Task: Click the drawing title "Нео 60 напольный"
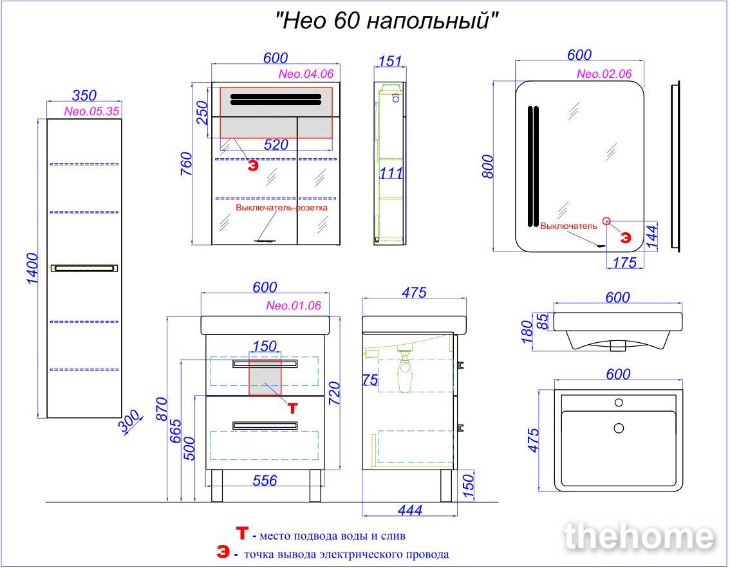pos(387,21)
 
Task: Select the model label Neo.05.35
pos(91,111)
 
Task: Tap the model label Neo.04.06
pos(306,73)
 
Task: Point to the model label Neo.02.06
pos(604,73)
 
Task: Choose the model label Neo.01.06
pos(294,306)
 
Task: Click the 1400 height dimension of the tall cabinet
pos(32,268)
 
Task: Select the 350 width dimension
pos(84,95)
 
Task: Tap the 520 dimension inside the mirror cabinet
pos(276,145)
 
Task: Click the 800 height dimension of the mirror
pos(487,167)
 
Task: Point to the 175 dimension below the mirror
pos(624,263)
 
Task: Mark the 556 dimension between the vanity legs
pos(265,481)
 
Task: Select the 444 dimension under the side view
pos(409,510)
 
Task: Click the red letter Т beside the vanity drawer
pos(292,408)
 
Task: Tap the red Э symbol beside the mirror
pos(625,237)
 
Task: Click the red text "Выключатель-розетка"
pos(282,208)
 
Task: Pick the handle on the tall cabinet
pos(84,268)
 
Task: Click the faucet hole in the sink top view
pos(619,403)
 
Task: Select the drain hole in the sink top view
pos(619,428)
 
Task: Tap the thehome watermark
pos(639,536)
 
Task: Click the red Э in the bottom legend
pos(223,552)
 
